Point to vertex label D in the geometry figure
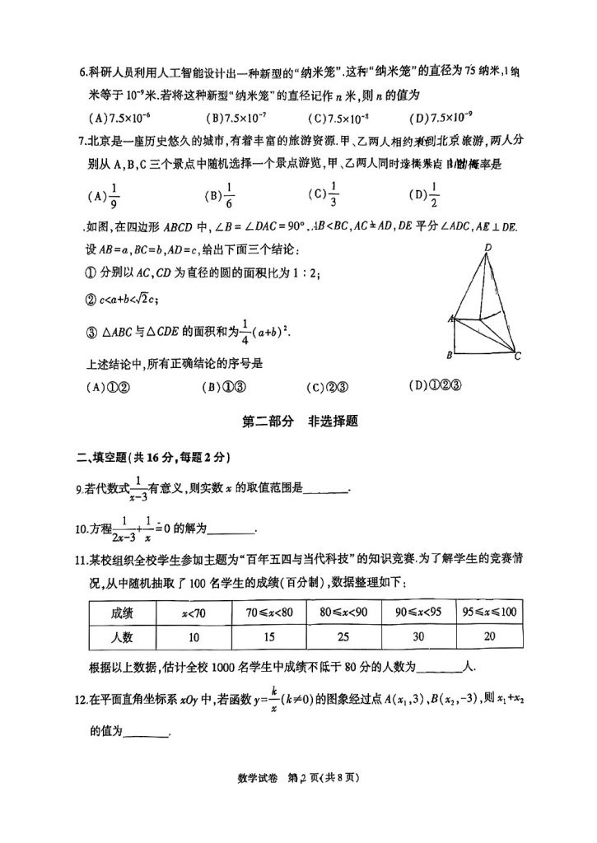point(488,247)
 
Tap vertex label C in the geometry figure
point(517,356)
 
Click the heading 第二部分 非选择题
point(299,421)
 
